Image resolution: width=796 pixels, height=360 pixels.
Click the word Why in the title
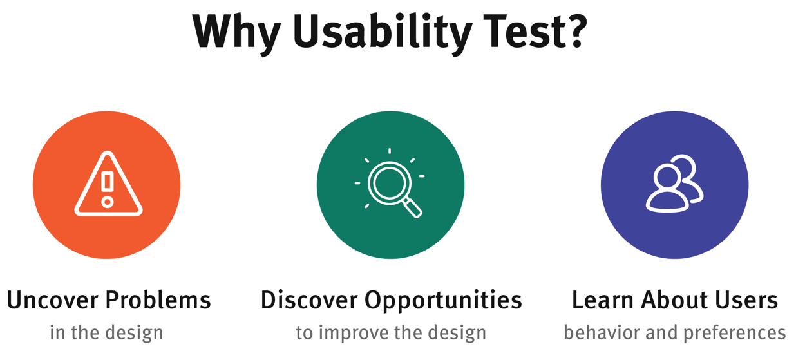tap(236, 31)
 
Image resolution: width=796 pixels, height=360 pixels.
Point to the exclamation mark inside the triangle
tap(108, 182)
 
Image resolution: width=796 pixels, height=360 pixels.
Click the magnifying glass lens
tap(388, 183)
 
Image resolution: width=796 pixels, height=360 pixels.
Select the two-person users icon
tap(674, 184)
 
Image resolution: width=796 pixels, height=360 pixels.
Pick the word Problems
tap(158, 300)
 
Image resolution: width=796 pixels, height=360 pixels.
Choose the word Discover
tap(309, 300)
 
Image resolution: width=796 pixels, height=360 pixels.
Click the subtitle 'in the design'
tap(106, 333)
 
